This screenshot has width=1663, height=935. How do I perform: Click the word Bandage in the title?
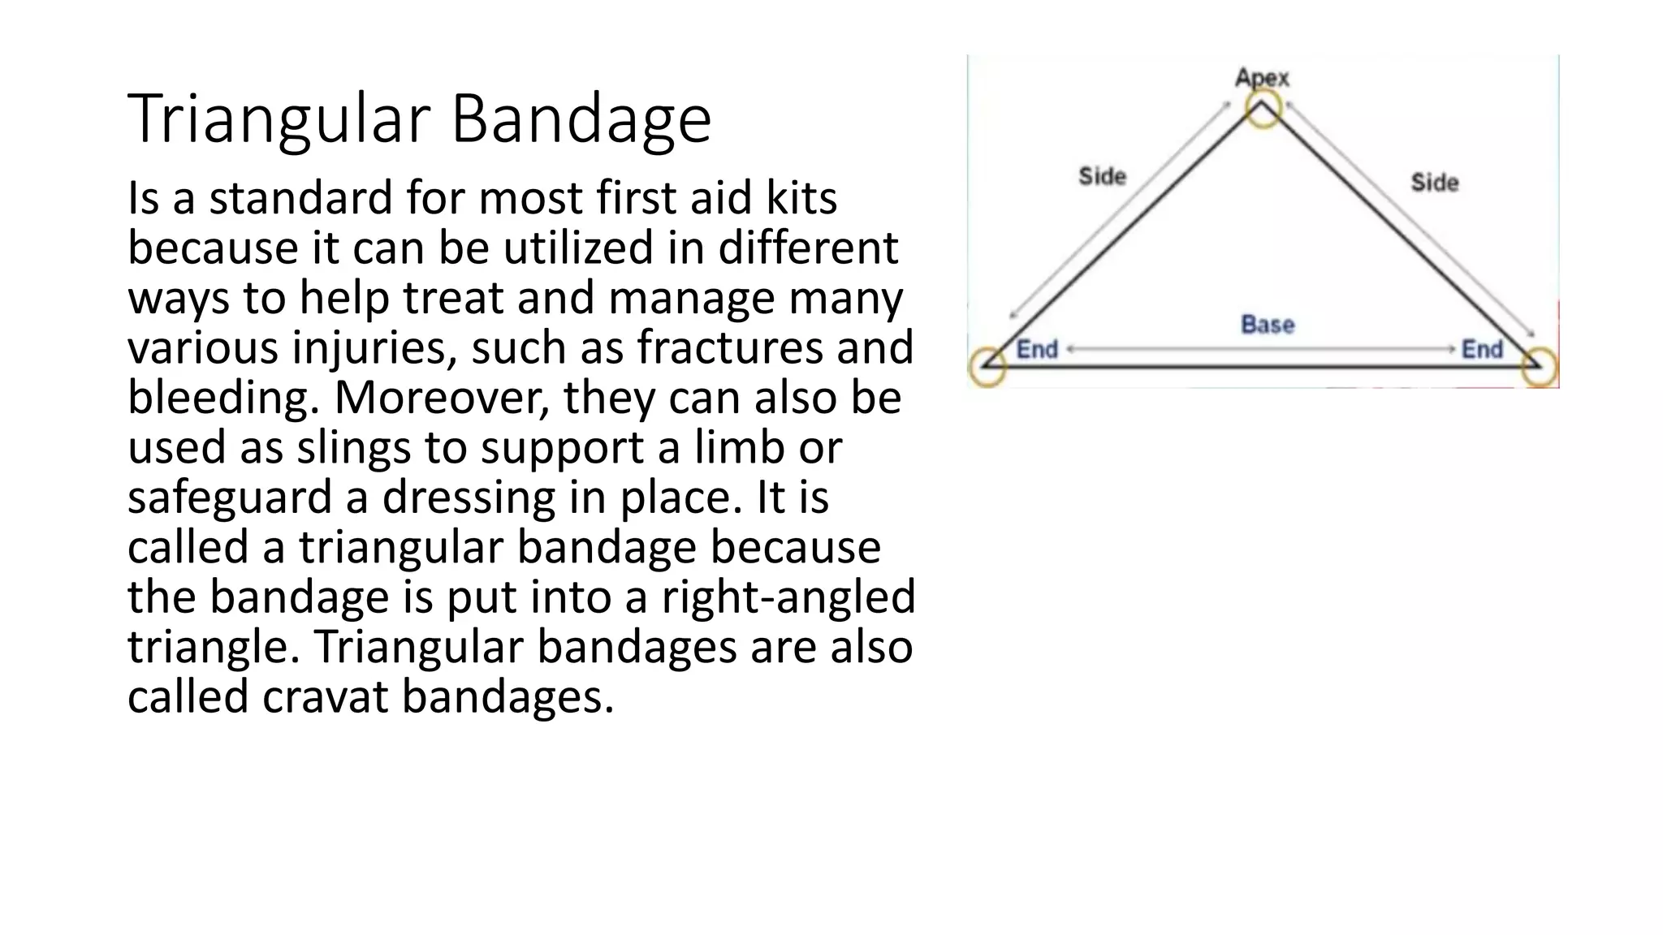[x=581, y=119]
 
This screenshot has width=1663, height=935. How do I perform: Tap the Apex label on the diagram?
[x=1262, y=78]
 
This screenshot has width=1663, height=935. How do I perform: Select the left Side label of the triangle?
[x=1102, y=176]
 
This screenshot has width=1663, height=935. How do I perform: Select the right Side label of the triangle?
[x=1434, y=183]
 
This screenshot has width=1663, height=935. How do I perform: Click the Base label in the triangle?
[x=1268, y=325]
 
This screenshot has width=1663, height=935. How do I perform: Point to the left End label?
[x=1037, y=350]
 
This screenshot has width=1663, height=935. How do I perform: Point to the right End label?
[x=1482, y=350]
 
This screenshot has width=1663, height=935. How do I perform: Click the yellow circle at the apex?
[x=1263, y=110]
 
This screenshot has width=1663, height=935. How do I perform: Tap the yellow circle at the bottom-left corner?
[x=987, y=367]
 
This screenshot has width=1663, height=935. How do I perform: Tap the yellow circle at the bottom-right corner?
[x=1539, y=367]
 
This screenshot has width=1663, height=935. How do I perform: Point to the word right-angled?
[x=788, y=597]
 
